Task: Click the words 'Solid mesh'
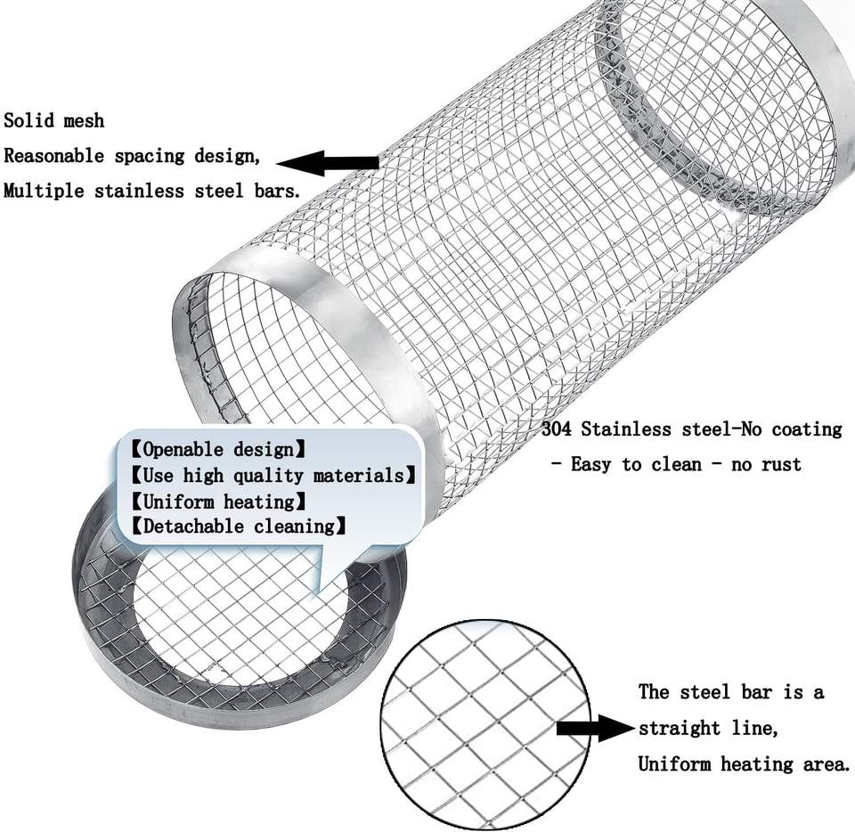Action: (53, 120)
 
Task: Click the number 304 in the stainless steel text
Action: (558, 429)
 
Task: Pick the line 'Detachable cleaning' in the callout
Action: (238, 526)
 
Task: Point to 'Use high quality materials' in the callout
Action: (273, 475)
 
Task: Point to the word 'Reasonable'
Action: (55, 156)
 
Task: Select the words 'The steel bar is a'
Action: (730, 692)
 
